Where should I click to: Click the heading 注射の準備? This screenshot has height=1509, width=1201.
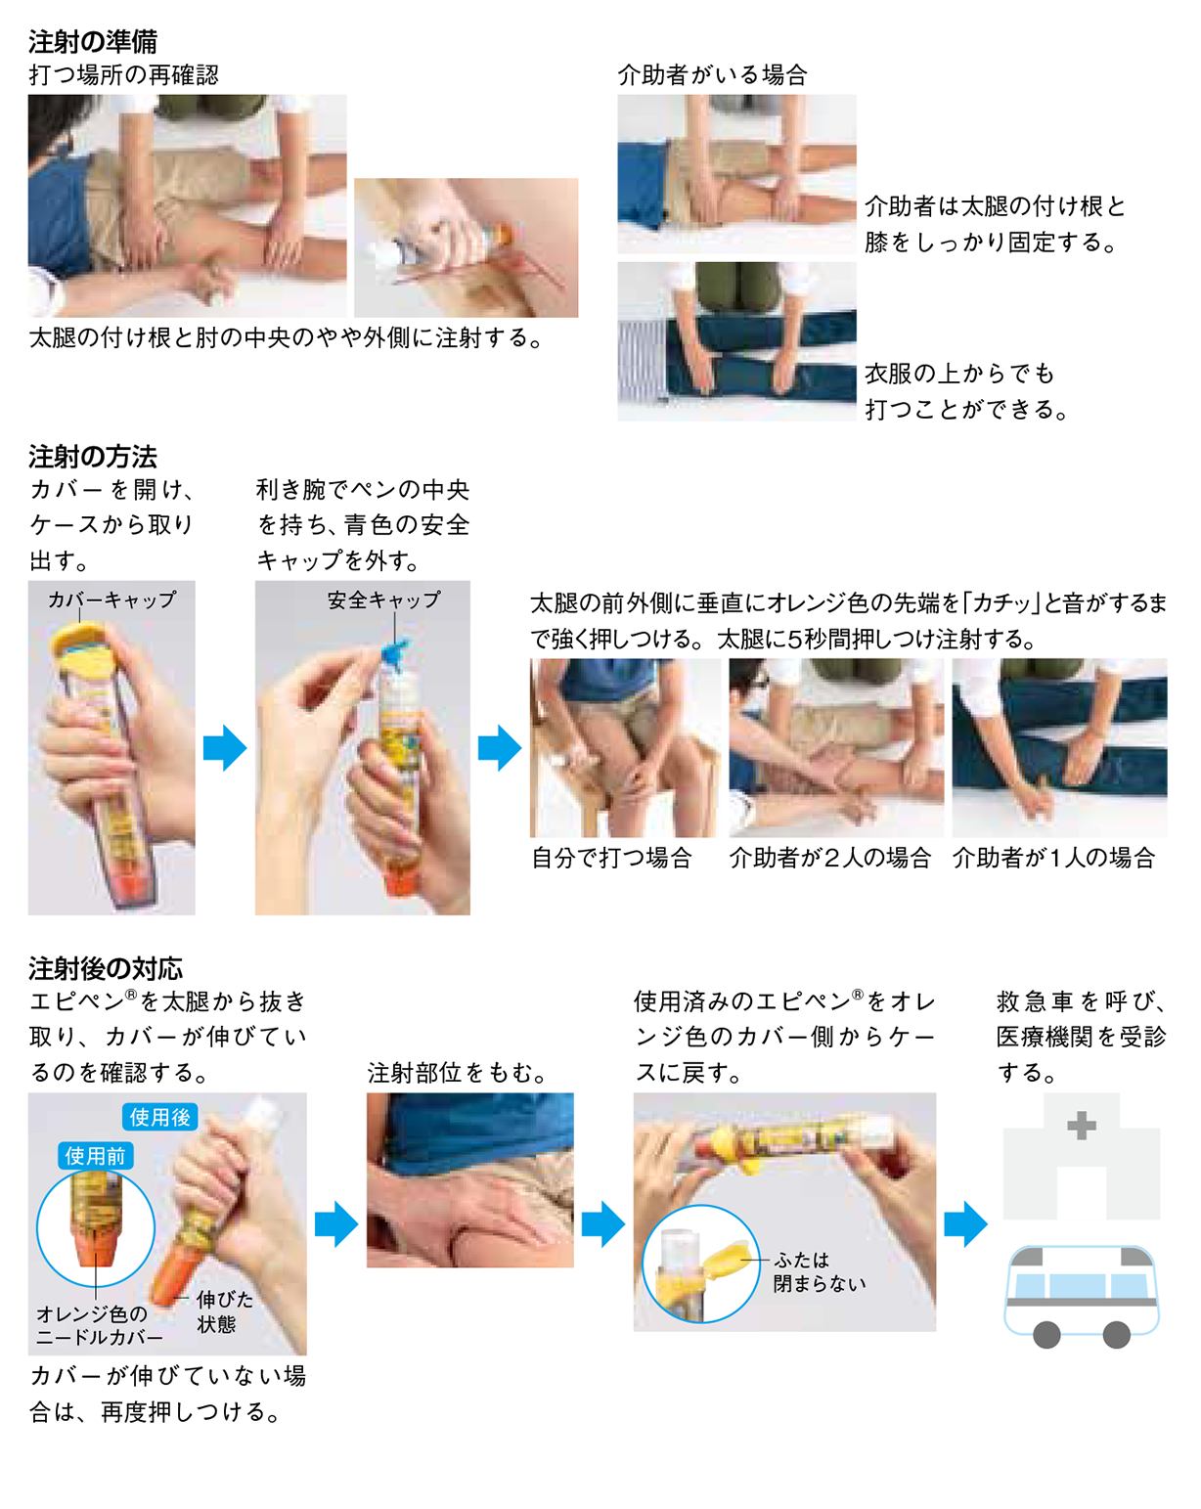(93, 41)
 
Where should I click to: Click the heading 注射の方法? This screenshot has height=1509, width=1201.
(93, 457)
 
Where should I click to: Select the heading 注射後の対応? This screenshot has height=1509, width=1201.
(106, 968)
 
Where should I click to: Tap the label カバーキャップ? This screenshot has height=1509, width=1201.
(112, 599)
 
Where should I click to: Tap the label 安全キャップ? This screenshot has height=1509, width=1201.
(383, 599)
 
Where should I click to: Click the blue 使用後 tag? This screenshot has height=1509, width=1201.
(160, 1117)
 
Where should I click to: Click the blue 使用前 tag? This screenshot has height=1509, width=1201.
(95, 1156)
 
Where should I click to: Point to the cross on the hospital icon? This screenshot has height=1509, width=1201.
(1081, 1126)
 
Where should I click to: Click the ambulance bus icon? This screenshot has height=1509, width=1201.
(1081, 1293)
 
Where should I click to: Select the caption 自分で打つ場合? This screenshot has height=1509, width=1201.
(611, 858)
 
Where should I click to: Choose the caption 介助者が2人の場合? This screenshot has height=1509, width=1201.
(829, 858)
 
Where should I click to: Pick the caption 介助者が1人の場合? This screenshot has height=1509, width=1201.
(1053, 858)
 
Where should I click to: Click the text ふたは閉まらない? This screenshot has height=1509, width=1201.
(819, 1271)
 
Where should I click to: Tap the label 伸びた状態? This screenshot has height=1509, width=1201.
(224, 1311)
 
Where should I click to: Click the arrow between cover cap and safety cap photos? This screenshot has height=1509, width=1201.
(225, 748)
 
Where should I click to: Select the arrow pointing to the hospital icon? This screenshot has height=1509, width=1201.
(965, 1223)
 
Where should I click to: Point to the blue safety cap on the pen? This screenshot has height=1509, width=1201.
(399, 653)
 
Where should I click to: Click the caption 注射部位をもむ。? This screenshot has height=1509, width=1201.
(457, 1073)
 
